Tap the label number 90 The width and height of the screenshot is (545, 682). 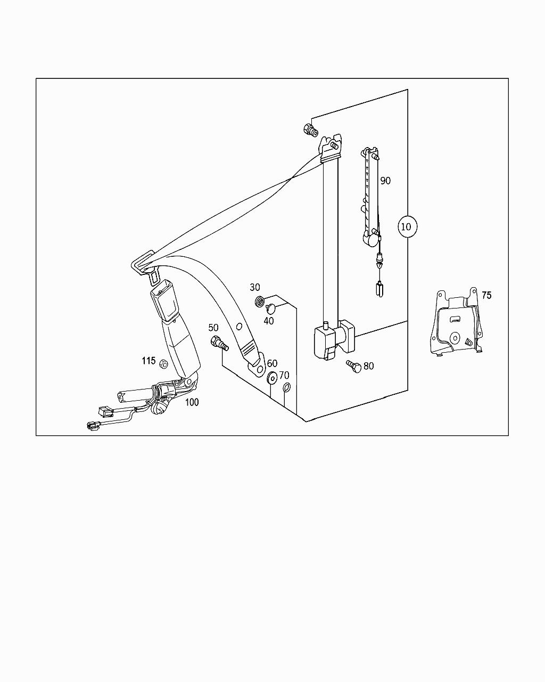(x=385, y=181)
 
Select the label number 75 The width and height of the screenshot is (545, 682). (x=486, y=295)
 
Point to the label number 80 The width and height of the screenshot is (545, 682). (x=368, y=366)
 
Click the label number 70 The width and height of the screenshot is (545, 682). (x=284, y=376)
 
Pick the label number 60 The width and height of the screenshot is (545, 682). (x=272, y=364)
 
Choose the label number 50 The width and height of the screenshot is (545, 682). (x=213, y=328)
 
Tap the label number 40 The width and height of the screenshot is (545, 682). (x=269, y=321)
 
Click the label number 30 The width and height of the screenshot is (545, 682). (x=255, y=288)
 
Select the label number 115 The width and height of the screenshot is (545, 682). (x=148, y=361)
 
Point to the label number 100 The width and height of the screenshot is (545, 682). (x=192, y=402)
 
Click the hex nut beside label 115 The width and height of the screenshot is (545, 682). (x=164, y=364)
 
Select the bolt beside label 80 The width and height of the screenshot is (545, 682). (x=353, y=367)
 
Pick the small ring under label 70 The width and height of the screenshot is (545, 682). (x=286, y=387)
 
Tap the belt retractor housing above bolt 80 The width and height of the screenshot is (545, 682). (x=333, y=339)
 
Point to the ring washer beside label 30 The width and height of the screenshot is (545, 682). (x=261, y=302)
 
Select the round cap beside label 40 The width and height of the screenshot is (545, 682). (x=271, y=307)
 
